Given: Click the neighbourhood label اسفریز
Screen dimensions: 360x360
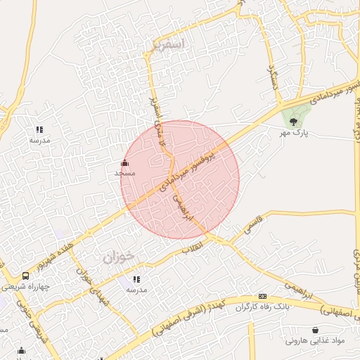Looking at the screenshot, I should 167,44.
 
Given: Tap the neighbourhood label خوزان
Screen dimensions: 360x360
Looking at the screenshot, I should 117,257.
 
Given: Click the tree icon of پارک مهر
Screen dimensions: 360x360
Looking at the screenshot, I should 293,122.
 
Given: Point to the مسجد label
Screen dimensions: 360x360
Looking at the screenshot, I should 124,172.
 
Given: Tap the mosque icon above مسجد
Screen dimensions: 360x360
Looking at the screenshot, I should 125,163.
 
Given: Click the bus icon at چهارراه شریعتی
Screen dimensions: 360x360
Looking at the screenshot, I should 26,276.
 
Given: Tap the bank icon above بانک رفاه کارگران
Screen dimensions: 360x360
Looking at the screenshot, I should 262,297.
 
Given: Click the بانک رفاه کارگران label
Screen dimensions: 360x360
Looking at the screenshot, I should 262,307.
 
